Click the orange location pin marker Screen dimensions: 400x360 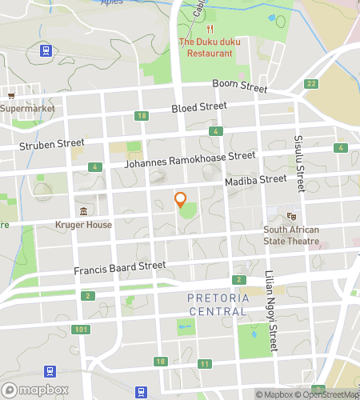180,200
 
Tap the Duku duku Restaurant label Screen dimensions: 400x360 206,47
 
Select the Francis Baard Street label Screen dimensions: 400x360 121,266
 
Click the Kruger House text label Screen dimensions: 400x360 83,225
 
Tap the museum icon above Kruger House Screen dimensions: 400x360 83,211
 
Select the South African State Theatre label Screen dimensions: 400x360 291,235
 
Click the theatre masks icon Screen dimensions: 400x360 292,215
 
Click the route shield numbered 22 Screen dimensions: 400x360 311,83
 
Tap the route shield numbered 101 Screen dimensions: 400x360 80,330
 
